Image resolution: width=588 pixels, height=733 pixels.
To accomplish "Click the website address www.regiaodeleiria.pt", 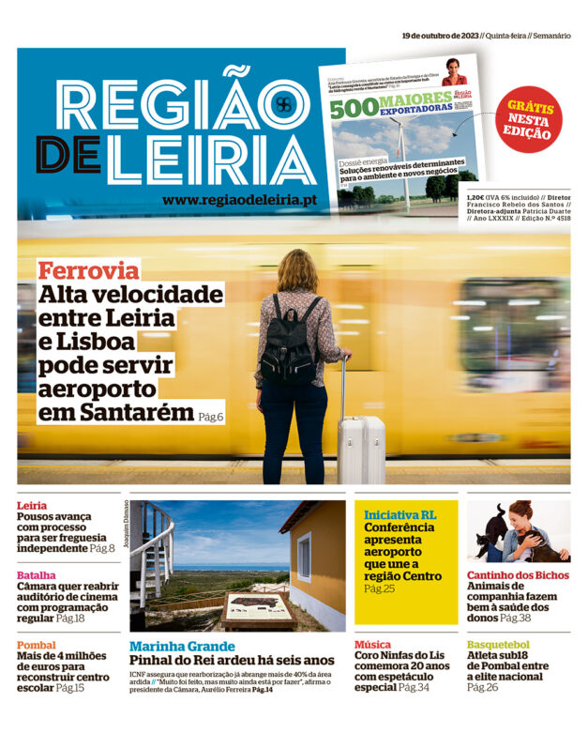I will coord(239,200).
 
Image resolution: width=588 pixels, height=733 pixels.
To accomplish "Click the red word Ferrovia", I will coord(88,271).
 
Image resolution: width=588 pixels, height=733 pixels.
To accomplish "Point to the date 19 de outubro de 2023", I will coord(440,36).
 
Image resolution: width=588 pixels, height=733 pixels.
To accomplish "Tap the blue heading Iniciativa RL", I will coord(400,515).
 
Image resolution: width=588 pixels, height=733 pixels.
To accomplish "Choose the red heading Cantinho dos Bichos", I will coord(518,575).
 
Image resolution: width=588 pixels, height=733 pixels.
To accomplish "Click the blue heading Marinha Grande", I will coord(182,646).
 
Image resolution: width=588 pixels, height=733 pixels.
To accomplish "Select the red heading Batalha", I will coord(36,575).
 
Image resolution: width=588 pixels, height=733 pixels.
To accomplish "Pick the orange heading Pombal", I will coord(37,646).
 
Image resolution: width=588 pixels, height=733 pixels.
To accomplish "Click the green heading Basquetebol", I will coord(498,645).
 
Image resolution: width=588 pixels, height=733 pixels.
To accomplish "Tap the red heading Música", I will coord(372,645).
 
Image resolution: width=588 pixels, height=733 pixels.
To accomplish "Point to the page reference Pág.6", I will coord(211,415).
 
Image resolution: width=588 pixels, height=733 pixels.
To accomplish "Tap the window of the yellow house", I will coord(304,557).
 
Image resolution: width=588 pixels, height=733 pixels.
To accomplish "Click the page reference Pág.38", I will coord(515,618).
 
